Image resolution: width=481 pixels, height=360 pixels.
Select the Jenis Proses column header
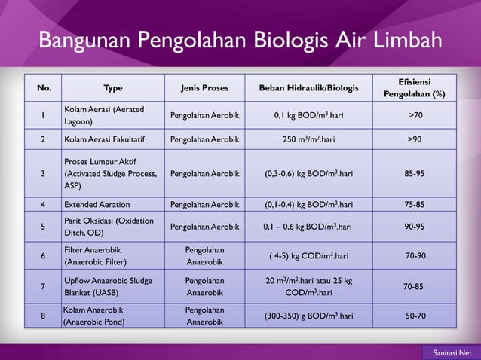[x=204, y=88]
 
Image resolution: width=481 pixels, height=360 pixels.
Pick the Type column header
[x=113, y=88]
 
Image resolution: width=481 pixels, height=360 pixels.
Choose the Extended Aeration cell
[x=97, y=204]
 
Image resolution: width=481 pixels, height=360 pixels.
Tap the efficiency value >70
[x=415, y=115]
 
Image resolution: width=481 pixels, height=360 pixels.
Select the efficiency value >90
[x=415, y=139]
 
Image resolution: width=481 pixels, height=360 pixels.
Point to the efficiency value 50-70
[x=415, y=316]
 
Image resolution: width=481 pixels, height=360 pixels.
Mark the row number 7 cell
[x=43, y=286]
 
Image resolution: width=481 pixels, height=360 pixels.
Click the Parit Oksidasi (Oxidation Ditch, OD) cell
[x=109, y=226]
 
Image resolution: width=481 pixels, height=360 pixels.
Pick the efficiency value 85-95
[x=415, y=173]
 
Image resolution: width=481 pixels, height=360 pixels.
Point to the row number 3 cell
[x=43, y=173]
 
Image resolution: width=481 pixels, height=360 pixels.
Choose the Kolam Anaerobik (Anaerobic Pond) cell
[x=94, y=316]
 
